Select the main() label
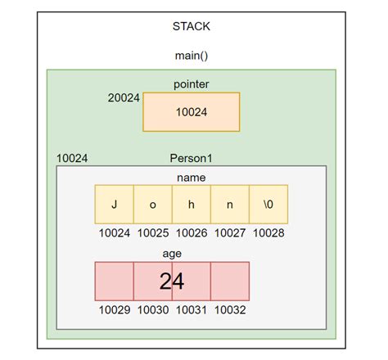pos(192,56)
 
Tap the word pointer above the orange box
pos(192,84)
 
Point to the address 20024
pos(124,98)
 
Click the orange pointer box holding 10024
pos(192,112)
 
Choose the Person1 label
pos(192,157)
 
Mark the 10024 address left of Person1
pos(72,157)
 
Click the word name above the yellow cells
pos(192,177)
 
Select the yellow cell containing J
pos(114,205)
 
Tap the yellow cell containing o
pos(152,205)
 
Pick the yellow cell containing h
pos(191,205)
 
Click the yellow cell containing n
pos(229,205)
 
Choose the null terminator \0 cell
pos(268,205)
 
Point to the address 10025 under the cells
pos(152,233)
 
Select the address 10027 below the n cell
pos(230,233)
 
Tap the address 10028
pos(268,233)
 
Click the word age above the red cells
pos(172,252)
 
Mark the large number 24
pos(172,281)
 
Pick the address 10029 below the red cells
pos(114,310)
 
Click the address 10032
pos(230,310)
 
